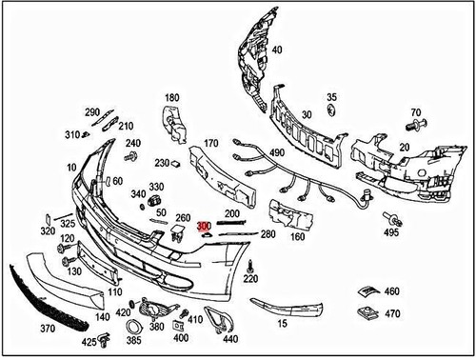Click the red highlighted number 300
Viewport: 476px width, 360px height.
(204, 227)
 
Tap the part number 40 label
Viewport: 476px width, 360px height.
(277, 50)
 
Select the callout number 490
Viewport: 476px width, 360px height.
(276, 152)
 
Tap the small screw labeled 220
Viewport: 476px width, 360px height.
(248, 264)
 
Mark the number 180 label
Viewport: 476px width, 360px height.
(172, 98)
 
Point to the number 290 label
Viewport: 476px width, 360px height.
(92, 112)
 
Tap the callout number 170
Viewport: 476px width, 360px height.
(210, 144)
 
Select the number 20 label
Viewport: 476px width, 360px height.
(404, 147)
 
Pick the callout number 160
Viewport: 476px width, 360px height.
(297, 237)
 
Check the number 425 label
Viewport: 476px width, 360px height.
(89, 341)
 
